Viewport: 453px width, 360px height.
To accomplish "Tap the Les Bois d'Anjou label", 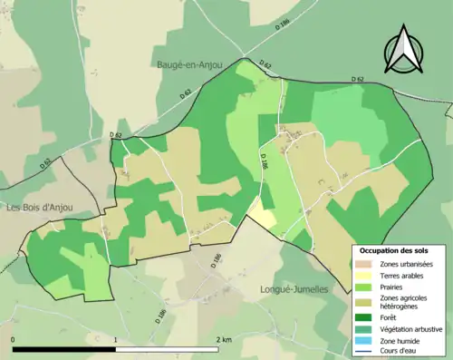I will coord(41,207).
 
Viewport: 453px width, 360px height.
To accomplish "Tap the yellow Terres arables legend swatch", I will coord(367,275).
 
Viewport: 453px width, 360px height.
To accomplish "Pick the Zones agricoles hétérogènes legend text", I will coord(405,302).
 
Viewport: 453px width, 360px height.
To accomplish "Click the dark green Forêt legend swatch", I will coord(367,317).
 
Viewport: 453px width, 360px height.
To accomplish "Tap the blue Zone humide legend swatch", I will coord(367,340).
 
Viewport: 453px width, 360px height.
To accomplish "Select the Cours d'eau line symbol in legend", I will coord(367,351).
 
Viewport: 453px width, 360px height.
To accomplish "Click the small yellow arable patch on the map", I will coord(263,215).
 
